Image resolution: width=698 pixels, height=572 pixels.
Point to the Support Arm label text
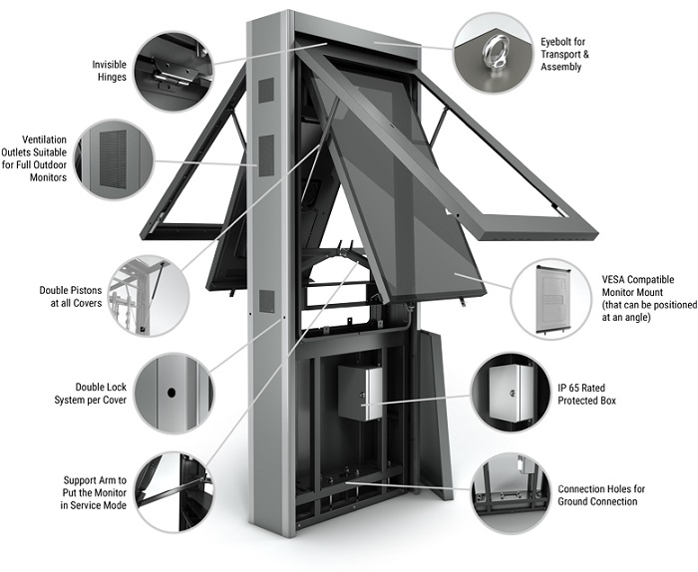[x=92, y=492]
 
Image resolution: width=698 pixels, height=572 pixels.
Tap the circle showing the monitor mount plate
[x=549, y=297]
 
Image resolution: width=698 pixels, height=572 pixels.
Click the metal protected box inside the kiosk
[x=359, y=391]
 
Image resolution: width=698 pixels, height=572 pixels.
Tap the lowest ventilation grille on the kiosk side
[x=266, y=300]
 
